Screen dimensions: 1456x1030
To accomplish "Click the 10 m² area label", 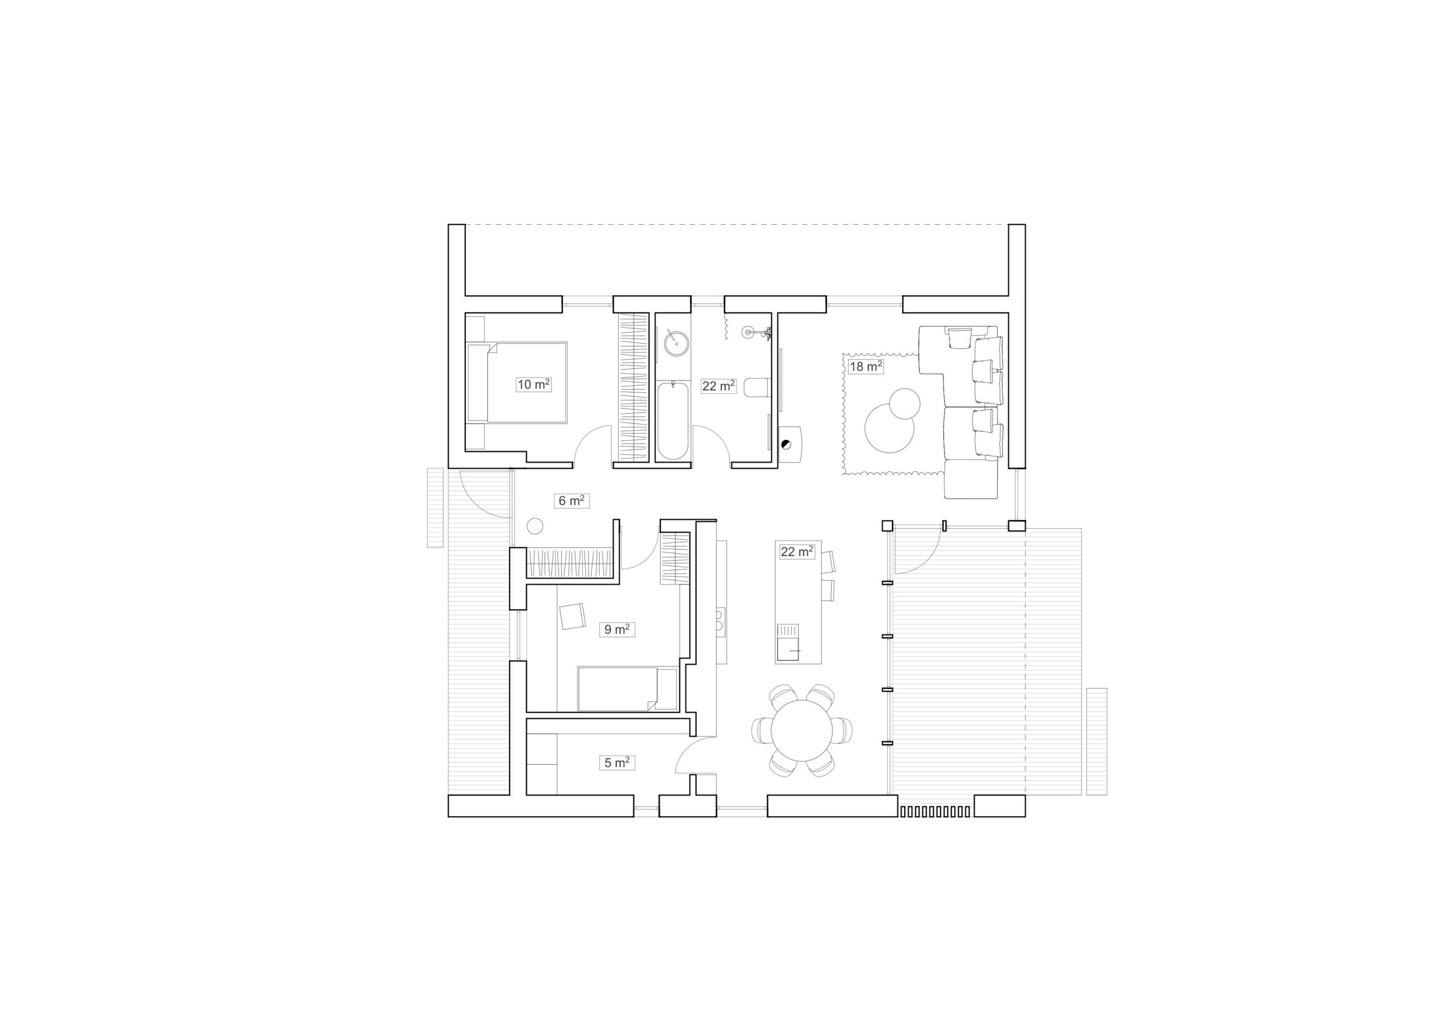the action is tap(533, 384).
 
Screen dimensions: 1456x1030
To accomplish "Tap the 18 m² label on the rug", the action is tap(866, 366).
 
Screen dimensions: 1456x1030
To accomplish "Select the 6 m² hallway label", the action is tap(572, 501).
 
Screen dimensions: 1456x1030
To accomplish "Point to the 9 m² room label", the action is tap(617, 629).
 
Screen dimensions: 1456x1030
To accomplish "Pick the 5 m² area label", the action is tap(617, 763).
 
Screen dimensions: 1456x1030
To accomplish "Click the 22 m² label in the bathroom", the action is tap(718, 386).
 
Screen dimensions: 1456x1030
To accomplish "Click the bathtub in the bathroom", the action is tap(672, 420).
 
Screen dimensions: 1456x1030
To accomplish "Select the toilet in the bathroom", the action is tap(757, 387).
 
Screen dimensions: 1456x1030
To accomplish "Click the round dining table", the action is tap(801, 731).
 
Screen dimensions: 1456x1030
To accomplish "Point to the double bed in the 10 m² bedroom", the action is tap(517, 382).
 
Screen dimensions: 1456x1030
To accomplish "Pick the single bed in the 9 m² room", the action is tap(627, 689).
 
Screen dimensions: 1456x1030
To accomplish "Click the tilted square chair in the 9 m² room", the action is tap(573, 616).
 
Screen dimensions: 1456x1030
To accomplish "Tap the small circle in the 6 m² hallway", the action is tap(535, 525).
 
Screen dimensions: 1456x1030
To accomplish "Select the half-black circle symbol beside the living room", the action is tap(787, 445).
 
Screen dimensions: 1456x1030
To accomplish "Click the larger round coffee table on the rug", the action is tap(889, 429).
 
